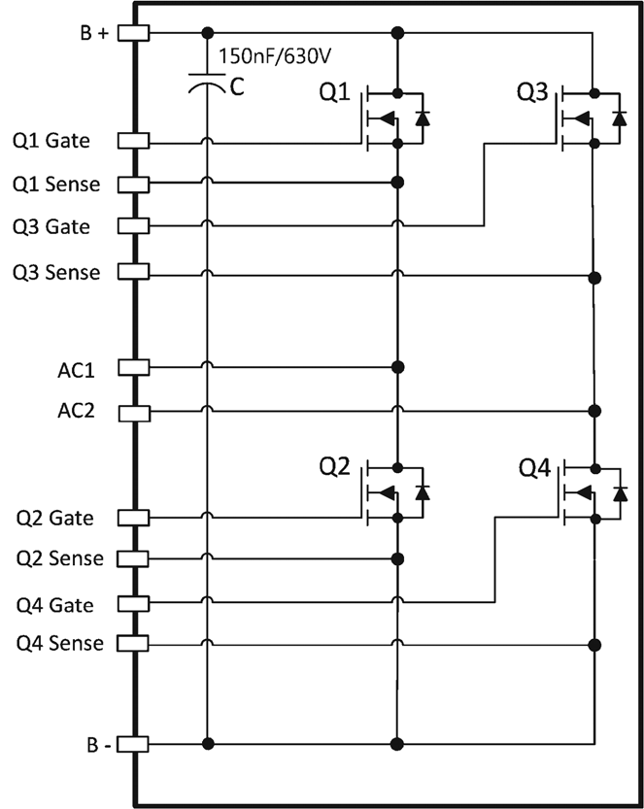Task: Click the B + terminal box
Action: [133, 32]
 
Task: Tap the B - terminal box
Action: [133, 745]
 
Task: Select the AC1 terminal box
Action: [133, 367]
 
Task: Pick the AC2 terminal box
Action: [133, 412]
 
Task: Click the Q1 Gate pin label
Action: [51, 142]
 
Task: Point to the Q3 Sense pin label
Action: [56, 273]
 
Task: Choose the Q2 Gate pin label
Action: [53, 519]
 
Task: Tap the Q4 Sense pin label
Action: [57, 643]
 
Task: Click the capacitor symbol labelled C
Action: [207, 84]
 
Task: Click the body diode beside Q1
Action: [421, 118]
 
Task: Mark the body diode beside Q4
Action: [618, 493]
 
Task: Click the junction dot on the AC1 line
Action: [396, 367]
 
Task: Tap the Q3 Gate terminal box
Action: [133, 225]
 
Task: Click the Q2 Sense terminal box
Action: [133, 558]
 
